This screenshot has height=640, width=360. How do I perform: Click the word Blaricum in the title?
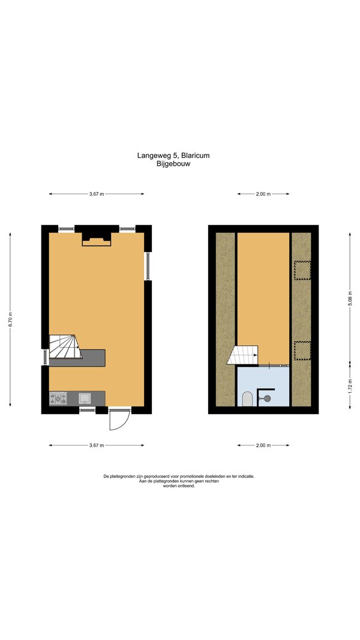pyautogui.click(x=196, y=155)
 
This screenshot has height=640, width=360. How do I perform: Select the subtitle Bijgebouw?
pyautogui.click(x=173, y=164)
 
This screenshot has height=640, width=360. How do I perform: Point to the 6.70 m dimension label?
pyautogui.click(x=11, y=319)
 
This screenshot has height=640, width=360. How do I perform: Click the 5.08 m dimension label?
pyautogui.click(x=350, y=304)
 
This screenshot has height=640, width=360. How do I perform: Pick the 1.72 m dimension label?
pyautogui.click(x=350, y=385)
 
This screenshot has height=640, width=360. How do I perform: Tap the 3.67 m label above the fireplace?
pyautogui.click(x=97, y=195)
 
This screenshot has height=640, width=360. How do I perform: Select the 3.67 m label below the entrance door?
pyautogui.click(x=97, y=445)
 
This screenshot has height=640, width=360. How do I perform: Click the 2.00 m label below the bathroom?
pyautogui.click(x=263, y=445)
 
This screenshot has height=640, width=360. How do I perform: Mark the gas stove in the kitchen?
pyautogui.click(x=58, y=399)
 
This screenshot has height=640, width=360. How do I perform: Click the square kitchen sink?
pyautogui.click(x=85, y=399)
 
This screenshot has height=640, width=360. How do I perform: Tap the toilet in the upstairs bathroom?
pyautogui.click(x=247, y=399)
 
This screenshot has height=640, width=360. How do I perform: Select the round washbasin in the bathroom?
pyautogui.click(x=267, y=399)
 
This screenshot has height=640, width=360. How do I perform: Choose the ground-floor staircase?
pyautogui.click(x=65, y=346)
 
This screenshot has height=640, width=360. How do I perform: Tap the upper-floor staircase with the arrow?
pyautogui.click(x=243, y=355)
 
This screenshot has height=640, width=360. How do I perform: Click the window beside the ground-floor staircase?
pyautogui.click(x=46, y=357)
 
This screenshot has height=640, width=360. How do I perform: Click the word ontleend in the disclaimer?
pyautogui.click(x=187, y=486)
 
